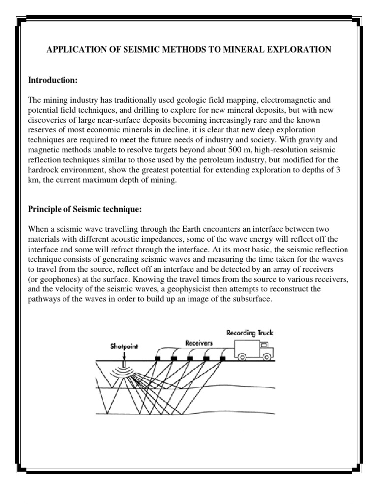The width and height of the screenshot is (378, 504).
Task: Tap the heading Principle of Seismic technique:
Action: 84,210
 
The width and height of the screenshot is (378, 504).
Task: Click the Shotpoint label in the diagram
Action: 124,346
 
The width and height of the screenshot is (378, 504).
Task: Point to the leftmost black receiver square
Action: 157,359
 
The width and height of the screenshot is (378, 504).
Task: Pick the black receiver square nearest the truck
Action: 222,359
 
